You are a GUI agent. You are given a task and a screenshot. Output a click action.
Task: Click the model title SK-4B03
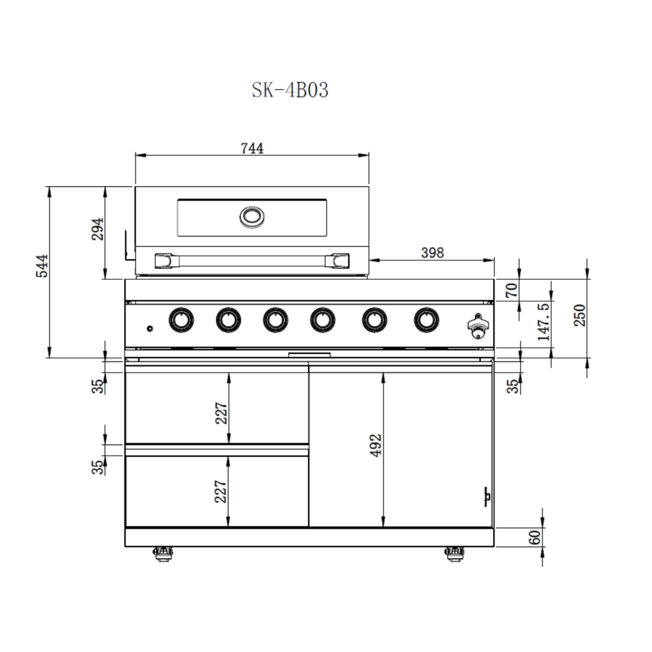pos(290,90)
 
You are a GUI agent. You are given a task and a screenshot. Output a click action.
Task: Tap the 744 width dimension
pos(252,148)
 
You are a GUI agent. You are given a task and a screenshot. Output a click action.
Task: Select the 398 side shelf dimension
pos(432,253)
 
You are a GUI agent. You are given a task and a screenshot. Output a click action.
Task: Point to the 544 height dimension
pos(42,266)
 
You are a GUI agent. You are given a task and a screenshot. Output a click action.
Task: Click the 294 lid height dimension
pos(98,229)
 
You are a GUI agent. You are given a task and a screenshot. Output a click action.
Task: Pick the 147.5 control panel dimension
pos(543,322)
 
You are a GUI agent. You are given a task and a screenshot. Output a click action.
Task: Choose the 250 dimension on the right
pos(580,315)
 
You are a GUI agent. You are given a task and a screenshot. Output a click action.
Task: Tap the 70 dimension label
pos(512,290)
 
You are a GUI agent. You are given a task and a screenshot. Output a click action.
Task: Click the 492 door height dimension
pos(375,445)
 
